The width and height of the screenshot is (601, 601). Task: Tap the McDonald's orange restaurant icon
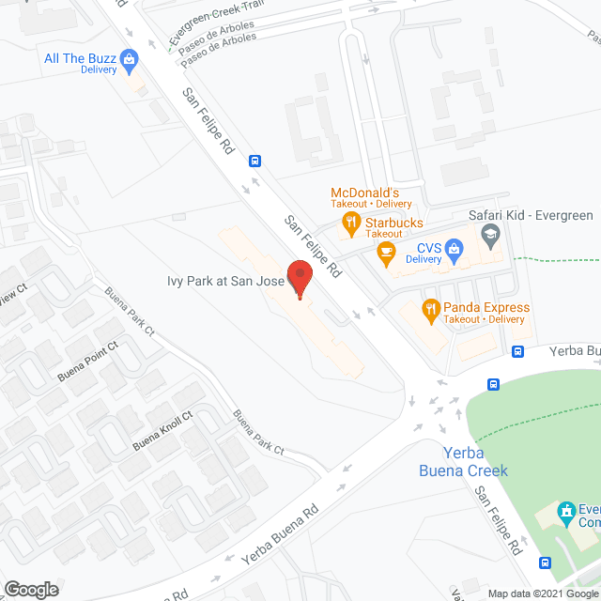[350, 223]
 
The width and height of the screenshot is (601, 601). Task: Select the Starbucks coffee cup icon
[384, 250]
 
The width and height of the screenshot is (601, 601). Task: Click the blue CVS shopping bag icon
[454, 249]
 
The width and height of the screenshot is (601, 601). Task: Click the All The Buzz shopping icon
[130, 63]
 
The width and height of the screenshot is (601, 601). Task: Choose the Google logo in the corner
[30, 589]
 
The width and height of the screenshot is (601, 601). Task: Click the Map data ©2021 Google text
[541, 593]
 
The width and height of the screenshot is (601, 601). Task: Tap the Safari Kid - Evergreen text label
[531, 216]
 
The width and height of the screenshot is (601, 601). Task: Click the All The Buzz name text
[80, 58]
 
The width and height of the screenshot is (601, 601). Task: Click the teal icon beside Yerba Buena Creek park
[565, 512]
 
